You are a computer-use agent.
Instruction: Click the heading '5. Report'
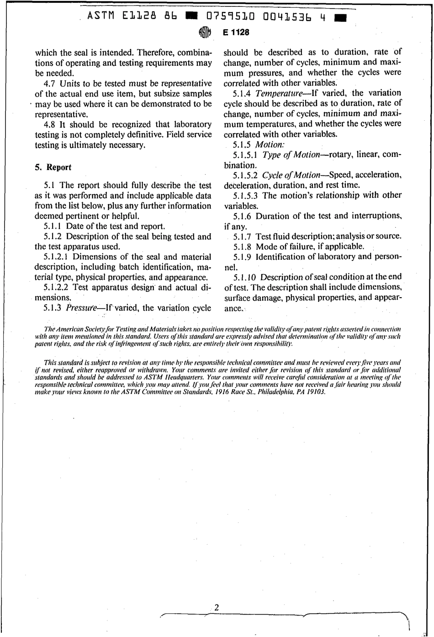click(x=53, y=167)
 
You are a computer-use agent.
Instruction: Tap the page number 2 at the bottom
click(x=217, y=608)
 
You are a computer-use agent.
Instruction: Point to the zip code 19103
click(x=316, y=392)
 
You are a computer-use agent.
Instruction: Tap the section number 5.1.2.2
click(x=57, y=288)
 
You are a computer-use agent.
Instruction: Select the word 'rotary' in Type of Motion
click(x=339, y=155)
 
